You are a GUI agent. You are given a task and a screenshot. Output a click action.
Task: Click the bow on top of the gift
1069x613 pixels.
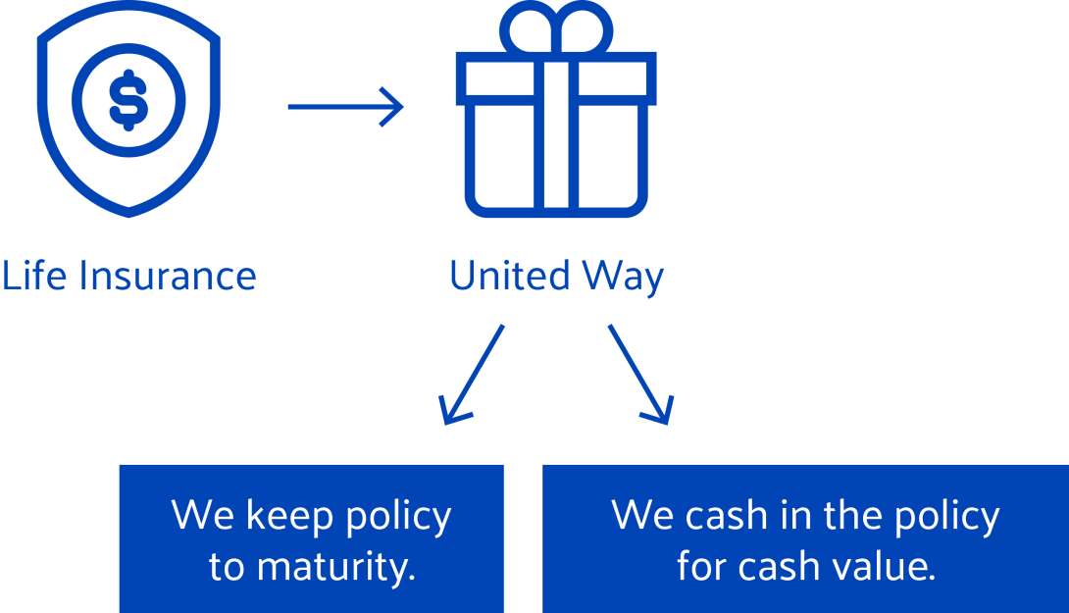click(x=556, y=27)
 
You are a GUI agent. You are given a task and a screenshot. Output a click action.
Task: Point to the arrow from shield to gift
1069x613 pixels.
click(x=345, y=106)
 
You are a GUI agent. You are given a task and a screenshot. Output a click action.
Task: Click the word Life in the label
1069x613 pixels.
click(x=34, y=276)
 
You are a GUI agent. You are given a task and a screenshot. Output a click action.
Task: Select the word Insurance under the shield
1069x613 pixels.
click(x=168, y=276)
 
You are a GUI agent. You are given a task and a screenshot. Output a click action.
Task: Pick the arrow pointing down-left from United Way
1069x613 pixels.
click(x=474, y=374)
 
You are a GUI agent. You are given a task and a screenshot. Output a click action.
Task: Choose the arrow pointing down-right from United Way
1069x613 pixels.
click(x=639, y=374)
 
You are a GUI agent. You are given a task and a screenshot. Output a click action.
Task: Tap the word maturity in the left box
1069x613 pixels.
click(x=338, y=568)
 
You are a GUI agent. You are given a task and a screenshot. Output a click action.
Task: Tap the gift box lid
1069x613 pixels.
click(x=556, y=75)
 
